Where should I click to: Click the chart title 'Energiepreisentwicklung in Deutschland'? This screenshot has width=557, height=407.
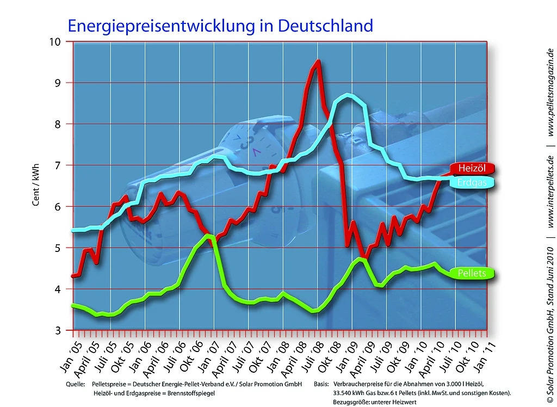tap(220, 26)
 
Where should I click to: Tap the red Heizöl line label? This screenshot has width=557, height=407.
tap(471, 168)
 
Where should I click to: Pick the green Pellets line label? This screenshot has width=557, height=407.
tap(471, 273)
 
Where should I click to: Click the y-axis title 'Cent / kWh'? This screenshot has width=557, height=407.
tap(36, 186)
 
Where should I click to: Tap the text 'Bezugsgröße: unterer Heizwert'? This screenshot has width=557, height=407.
tap(370, 402)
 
